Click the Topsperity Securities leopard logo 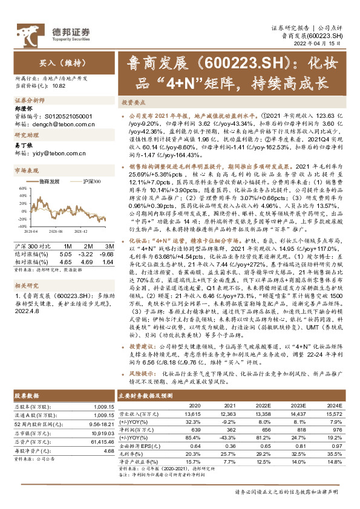point(28,32)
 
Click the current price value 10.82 point(59,86)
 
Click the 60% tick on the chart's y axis point(18,189)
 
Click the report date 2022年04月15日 point(318,44)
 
